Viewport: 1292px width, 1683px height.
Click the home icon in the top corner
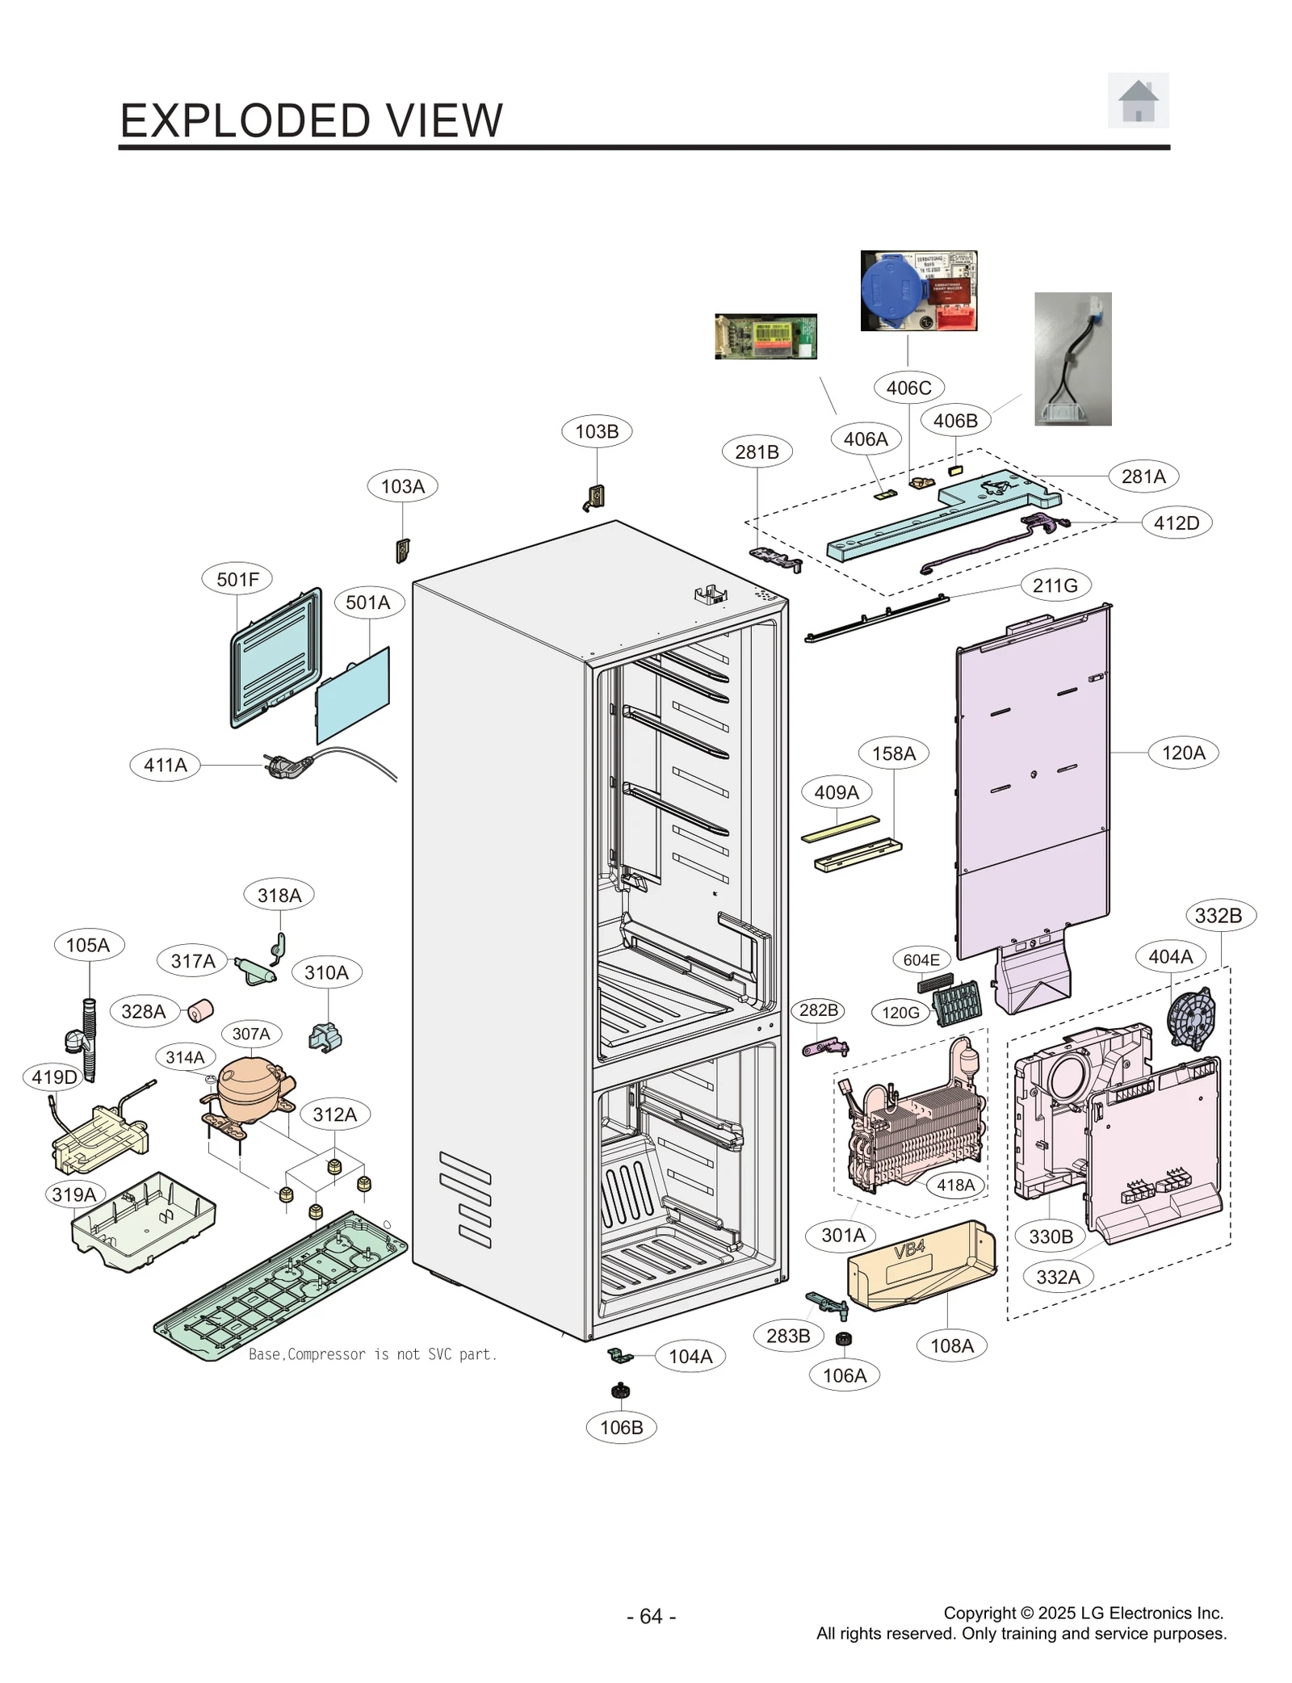coord(1137,100)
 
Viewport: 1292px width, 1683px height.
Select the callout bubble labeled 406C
coord(908,388)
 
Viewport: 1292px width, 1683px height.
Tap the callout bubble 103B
coord(597,431)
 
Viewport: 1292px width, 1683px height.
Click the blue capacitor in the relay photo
coord(890,289)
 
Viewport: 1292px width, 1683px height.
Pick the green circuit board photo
coord(765,336)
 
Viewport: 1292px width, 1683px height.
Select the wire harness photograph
coord(1072,359)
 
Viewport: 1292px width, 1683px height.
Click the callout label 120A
coord(1182,753)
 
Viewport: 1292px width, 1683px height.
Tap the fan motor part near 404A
coord(1191,1018)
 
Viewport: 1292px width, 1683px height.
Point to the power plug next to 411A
coord(284,766)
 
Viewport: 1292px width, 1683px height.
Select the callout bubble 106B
coord(621,1427)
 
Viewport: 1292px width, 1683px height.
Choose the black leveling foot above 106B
coord(620,1391)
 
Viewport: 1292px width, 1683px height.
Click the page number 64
coord(651,1616)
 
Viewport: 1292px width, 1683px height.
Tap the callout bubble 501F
coord(237,579)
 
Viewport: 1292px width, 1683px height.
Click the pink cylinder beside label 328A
coord(199,1010)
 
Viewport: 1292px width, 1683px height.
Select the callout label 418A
coord(955,1185)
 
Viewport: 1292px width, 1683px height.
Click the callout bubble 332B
coord(1218,916)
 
